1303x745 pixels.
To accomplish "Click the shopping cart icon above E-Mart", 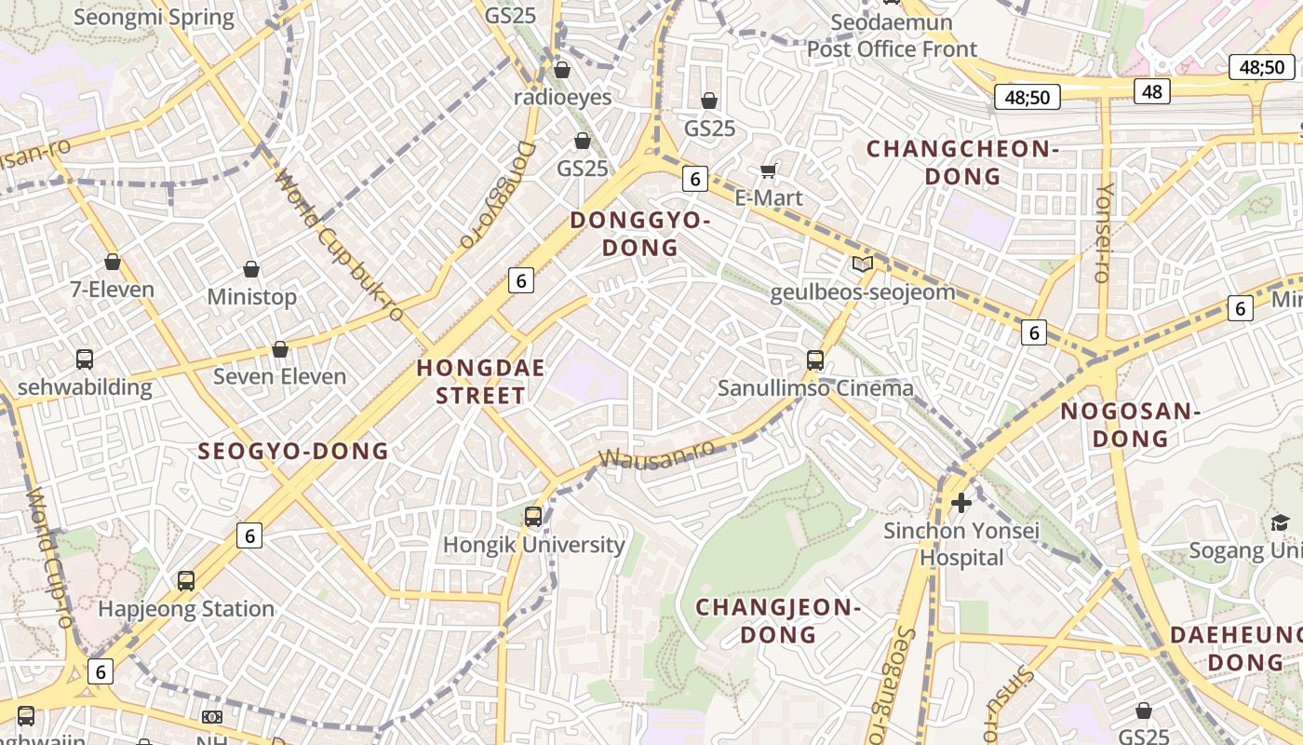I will [x=769, y=169].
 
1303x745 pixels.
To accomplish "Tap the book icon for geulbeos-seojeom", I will [x=863, y=264].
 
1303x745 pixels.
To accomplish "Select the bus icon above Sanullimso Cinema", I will [x=815, y=359].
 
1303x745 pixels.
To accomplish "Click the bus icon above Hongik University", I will [x=533, y=516].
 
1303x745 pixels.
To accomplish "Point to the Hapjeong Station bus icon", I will [x=186, y=581].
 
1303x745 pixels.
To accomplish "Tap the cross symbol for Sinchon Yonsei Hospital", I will [x=961, y=503].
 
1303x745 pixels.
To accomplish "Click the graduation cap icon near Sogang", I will [x=1281, y=522].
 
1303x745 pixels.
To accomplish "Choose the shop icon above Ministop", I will [x=251, y=269].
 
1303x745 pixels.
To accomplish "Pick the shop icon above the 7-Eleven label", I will [x=113, y=262].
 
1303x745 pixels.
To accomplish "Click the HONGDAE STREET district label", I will [x=480, y=381].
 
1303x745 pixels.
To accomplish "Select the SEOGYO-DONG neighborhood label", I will [x=293, y=452].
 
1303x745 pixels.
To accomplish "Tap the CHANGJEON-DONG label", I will [x=778, y=621].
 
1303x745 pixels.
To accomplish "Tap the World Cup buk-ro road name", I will [x=340, y=246].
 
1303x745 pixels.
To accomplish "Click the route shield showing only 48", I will [x=1152, y=90].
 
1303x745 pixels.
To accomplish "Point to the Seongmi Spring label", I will [x=154, y=17].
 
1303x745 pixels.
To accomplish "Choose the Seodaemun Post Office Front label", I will [x=892, y=36].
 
